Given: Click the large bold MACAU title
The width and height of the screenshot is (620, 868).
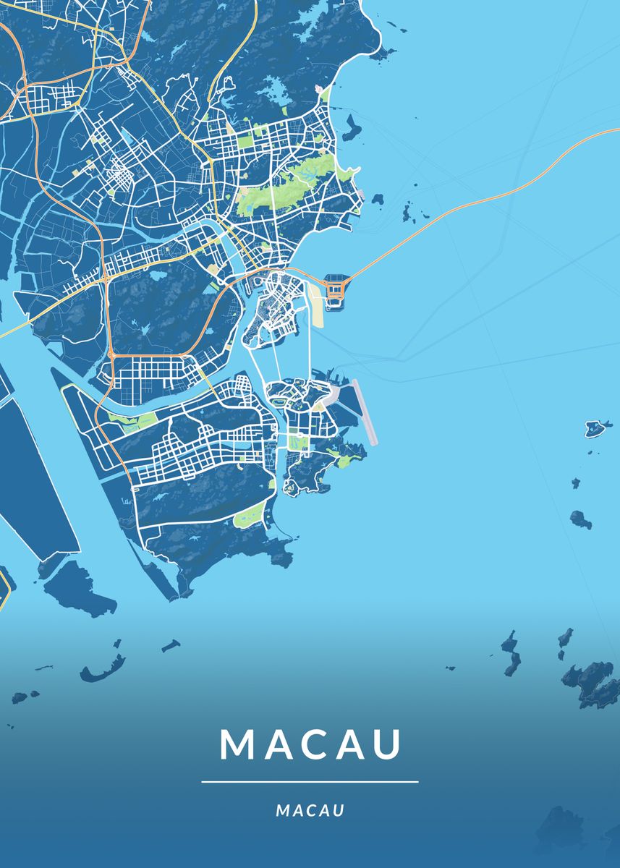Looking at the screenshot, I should click(x=310, y=744).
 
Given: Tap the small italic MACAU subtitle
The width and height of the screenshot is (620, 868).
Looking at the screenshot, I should click(x=310, y=811).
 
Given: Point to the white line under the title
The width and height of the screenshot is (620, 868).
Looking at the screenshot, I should click(x=310, y=782).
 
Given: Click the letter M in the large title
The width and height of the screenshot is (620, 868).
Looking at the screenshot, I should click(x=237, y=744).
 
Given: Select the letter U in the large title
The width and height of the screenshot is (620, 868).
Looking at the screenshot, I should click(x=386, y=744).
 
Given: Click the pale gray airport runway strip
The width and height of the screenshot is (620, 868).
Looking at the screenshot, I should click(x=365, y=412).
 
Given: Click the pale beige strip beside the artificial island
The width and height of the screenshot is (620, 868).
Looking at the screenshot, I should click(x=316, y=298).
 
